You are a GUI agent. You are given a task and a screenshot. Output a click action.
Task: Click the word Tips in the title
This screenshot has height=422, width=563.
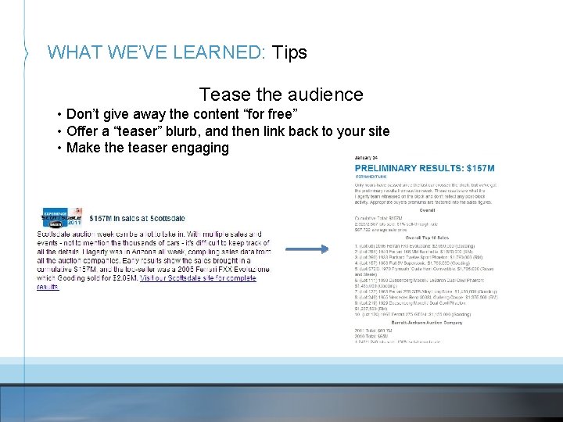pyautogui.click(x=289, y=53)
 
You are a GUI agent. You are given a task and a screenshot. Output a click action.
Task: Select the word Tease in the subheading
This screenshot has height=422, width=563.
pyautogui.click(x=224, y=95)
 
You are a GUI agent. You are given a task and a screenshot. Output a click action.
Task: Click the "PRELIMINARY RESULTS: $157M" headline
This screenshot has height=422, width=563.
pyautogui.click(x=425, y=169)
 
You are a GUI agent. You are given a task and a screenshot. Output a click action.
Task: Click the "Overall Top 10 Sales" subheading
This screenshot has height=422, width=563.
pyautogui.click(x=425, y=237)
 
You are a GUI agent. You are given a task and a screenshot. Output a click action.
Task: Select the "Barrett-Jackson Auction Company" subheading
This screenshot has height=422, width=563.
pyautogui.click(x=425, y=320)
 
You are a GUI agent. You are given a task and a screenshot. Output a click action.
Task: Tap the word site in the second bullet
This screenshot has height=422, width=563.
pyautogui.click(x=375, y=131)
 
